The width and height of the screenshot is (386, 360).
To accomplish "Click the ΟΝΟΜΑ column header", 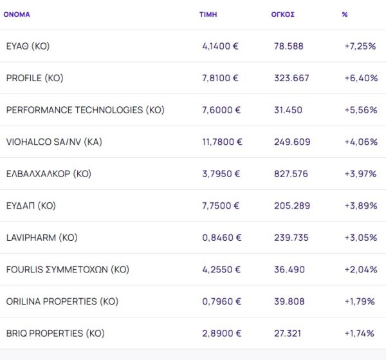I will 17,14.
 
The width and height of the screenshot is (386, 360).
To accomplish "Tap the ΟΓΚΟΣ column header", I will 283,14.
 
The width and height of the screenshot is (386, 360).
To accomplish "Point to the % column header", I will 345,14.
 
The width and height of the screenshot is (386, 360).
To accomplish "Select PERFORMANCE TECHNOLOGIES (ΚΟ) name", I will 85,110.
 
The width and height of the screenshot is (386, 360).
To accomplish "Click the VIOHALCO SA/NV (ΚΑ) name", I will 54,142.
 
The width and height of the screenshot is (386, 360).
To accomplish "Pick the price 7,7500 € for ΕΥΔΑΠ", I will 221,206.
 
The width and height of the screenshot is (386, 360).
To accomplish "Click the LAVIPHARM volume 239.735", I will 292,238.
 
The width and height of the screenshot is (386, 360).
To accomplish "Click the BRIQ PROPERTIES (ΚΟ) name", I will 55,334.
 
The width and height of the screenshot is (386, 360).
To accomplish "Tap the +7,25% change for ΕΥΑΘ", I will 360,46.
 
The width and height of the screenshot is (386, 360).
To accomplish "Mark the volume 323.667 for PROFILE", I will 292,78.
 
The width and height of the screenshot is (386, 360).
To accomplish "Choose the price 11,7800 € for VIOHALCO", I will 222,142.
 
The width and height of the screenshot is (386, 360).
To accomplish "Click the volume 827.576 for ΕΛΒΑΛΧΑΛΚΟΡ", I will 292,174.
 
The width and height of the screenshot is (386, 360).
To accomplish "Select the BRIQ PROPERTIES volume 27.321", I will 289,334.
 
